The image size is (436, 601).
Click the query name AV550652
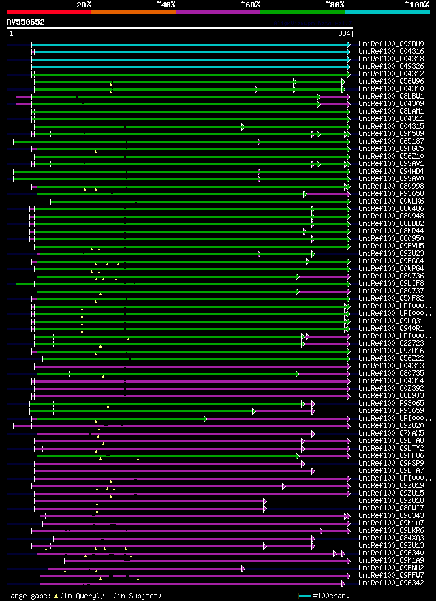click(25, 22)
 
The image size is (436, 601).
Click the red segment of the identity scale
click(48, 12)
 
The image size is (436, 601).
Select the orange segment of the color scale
click(133, 12)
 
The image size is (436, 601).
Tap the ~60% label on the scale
click(250, 5)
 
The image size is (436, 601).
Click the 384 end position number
click(344, 33)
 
